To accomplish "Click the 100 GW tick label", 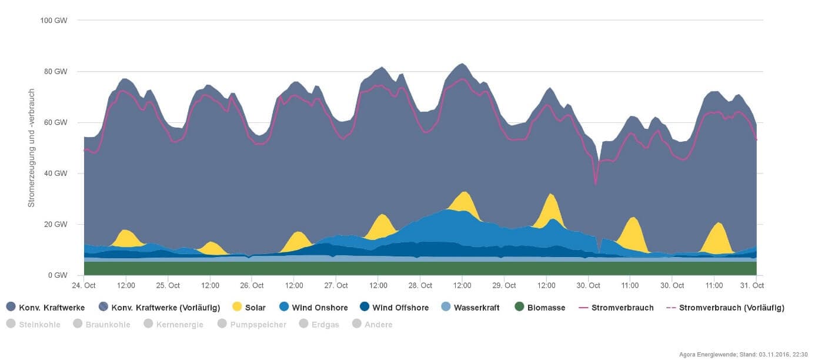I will tap(54, 21).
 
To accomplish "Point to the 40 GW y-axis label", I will tap(56, 174).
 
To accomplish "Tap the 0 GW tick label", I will tap(58, 275).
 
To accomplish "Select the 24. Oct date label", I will tap(84, 286).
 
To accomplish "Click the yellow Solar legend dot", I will tap(238, 307).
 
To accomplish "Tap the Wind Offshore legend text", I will tap(400, 308).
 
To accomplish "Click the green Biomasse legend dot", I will tap(519, 307).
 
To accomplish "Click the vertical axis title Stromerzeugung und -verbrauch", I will tap(32, 148).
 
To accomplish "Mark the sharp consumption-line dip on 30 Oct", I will tap(596, 184).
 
